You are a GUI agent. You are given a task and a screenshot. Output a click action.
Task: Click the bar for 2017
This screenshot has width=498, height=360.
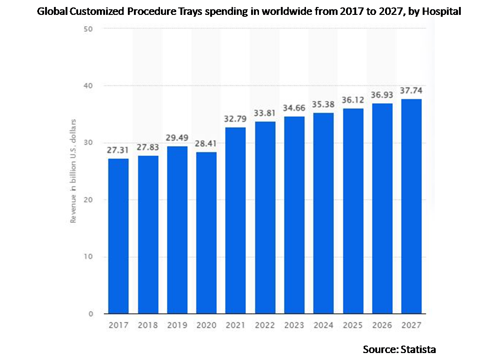click(x=118, y=236)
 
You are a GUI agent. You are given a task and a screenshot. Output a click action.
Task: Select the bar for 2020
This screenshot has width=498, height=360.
click(x=206, y=233)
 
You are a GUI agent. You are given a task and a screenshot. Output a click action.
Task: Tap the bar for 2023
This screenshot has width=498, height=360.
click(x=294, y=215)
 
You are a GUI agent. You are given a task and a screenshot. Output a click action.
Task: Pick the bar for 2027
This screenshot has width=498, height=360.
click(x=412, y=206)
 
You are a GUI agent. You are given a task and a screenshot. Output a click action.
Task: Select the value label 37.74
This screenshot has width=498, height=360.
click(x=412, y=90)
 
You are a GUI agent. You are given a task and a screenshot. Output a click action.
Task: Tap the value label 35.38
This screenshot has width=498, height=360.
click(x=324, y=104)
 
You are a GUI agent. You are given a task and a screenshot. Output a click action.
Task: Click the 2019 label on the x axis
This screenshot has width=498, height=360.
click(x=177, y=325)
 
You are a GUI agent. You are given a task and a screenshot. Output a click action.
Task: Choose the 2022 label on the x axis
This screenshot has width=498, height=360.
click(x=265, y=325)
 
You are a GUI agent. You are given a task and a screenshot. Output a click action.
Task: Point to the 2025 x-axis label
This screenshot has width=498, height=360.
click(x=353, y=325)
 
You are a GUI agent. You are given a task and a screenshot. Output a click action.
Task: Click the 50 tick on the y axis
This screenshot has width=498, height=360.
click(x=89, y=29)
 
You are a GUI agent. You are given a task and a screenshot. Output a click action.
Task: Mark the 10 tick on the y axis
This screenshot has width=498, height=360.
click(x=89, y=257)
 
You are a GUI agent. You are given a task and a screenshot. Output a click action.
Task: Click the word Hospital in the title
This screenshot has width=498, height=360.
click(x=441, y=11)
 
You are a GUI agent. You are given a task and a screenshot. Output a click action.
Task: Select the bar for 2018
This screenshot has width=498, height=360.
click(x=148, y=234)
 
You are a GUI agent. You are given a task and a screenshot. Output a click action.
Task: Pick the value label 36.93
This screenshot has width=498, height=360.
click(x=382, y=94)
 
